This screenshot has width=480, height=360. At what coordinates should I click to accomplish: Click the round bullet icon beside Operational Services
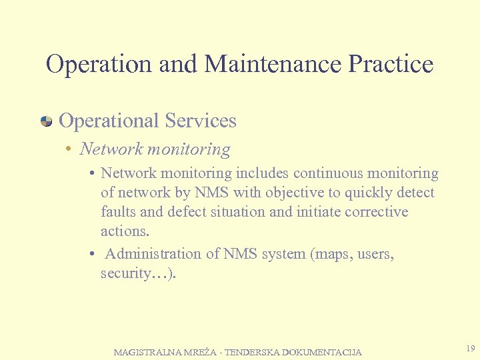(x=47, y=121)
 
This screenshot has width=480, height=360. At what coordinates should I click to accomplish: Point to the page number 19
(x=471, y=349)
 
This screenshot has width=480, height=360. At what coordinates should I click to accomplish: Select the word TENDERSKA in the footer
(x=253, y=352)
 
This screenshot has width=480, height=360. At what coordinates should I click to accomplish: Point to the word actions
(x=124, y=231)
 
